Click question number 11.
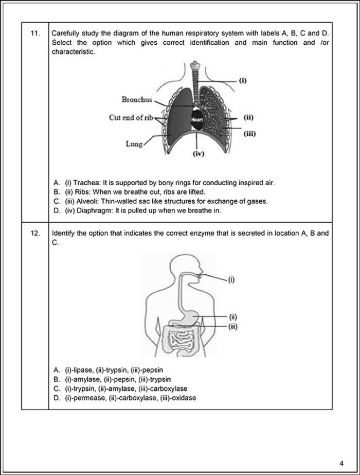pyautogui.click(x=34, y=33)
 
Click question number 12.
pyautogui.click(x=34, y=233)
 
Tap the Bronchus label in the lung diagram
pyautogui.click(x=137, y=99)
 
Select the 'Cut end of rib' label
pyautogui.click(x=132, y=118)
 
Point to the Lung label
pyautogui.click(x=134, y=144)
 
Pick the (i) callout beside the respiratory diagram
pyautogui.click(x=244, y=80)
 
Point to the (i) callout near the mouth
pyautogui.click(x=231, y=280)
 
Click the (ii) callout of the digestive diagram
pyautogui.click(x=233, y=316)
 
